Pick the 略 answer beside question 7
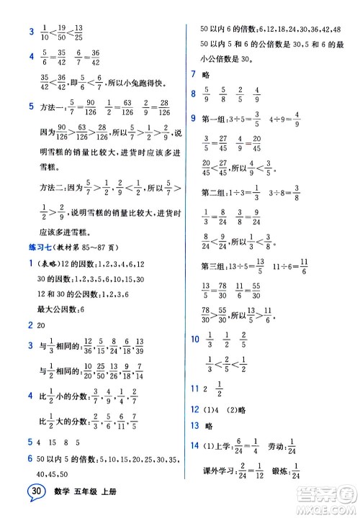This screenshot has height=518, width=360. pyautogui.click(x=208, y=75)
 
